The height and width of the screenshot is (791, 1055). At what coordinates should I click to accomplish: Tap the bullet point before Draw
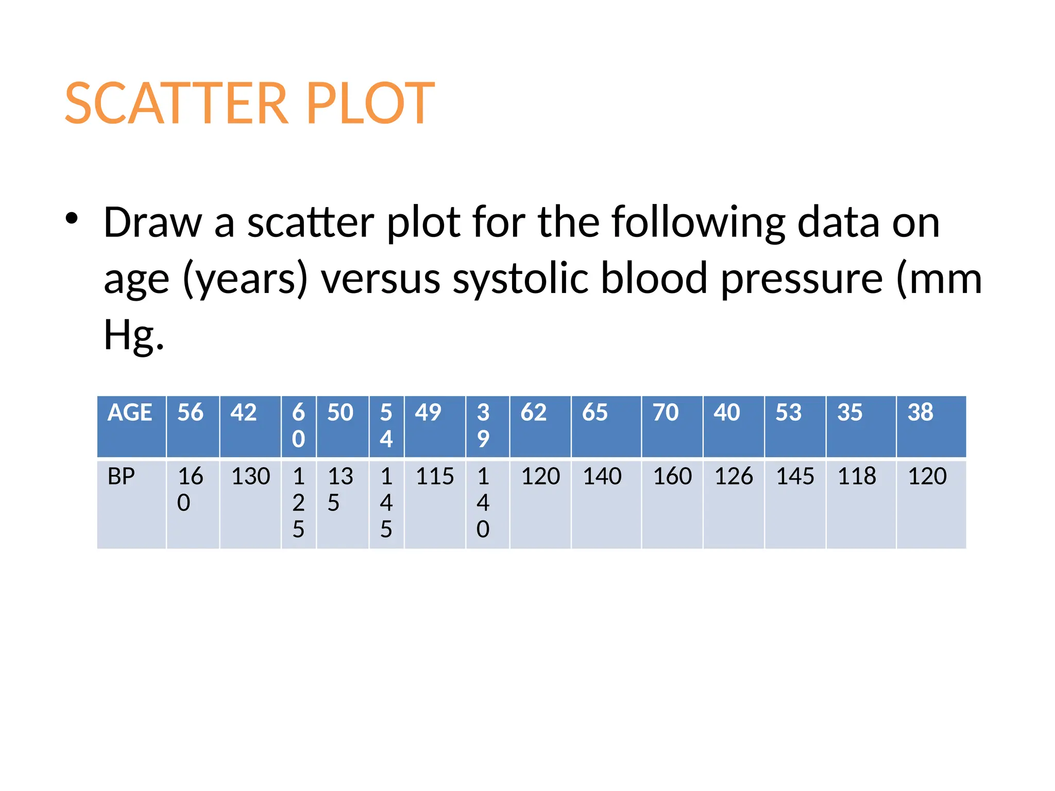(72, 219)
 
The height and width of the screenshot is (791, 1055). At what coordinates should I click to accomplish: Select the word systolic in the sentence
(520, 279)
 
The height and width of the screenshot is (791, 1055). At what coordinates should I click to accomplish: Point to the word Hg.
(133, 336)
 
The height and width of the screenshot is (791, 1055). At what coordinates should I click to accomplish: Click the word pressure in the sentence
(802, 279)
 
